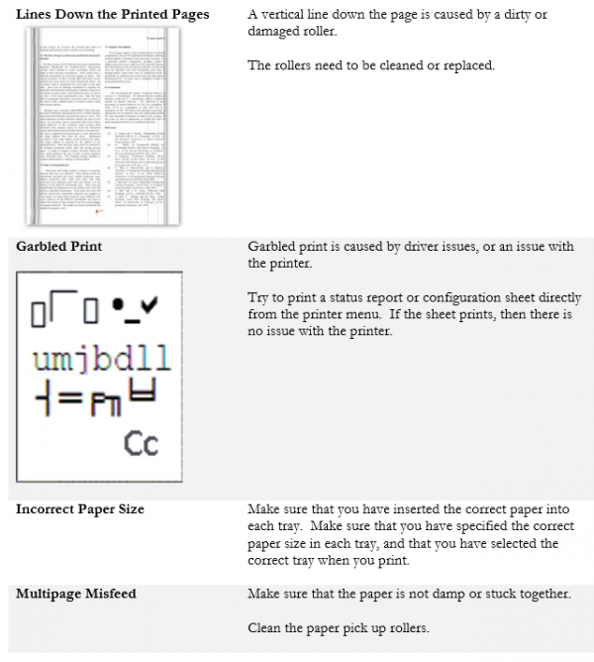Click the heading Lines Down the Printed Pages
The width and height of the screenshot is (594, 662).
coord(112,15)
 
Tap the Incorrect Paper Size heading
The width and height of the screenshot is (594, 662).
coord(80,508)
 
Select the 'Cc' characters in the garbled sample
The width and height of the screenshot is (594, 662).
coord(141,443)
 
